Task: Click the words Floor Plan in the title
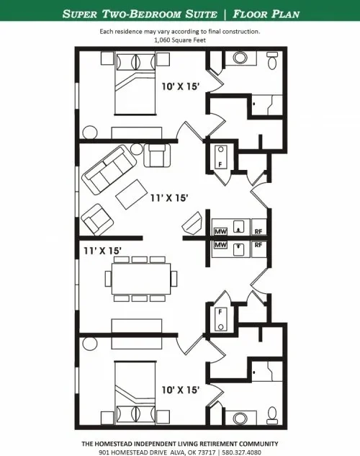tap(261, 14)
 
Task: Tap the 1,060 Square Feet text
tap(179, 40)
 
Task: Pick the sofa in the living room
tap(106, 169)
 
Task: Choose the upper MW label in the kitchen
tap(221, 231)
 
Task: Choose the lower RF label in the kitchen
tap(258, 245)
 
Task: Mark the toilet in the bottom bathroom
tap(271, 414)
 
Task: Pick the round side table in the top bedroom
tap(91, 133)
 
